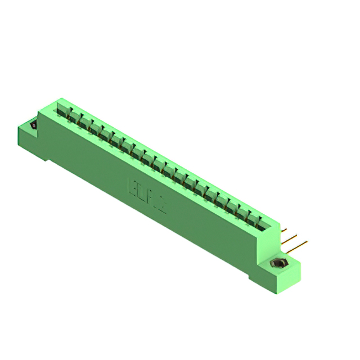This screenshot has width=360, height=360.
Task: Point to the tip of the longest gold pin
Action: pos(307,242)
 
